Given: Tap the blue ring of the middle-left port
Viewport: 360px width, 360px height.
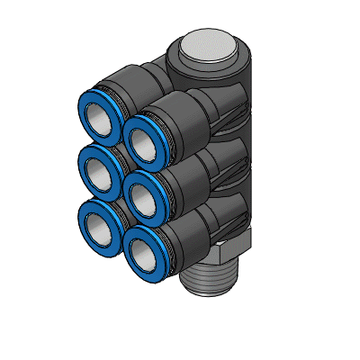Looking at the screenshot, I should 80,162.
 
